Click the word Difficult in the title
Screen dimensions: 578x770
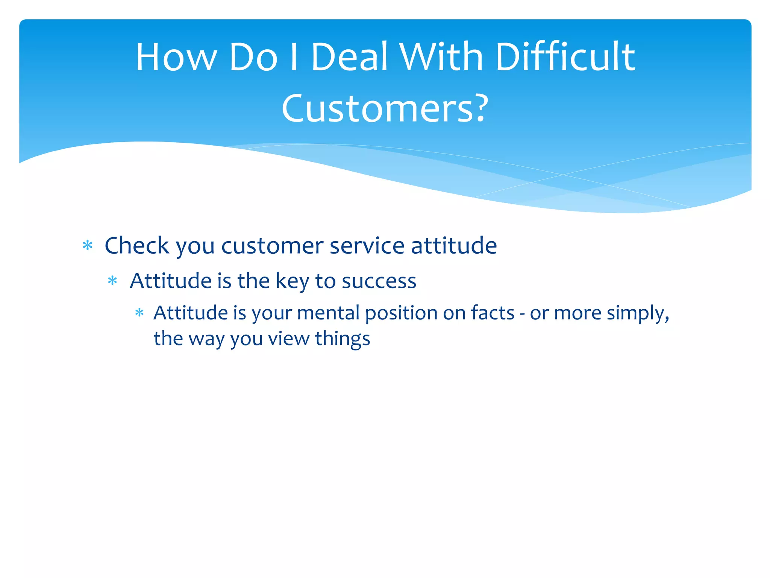[x=565, y=57]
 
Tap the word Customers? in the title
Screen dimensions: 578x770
[x=385, y=109]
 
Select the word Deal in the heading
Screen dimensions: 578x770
[x=349, y=57]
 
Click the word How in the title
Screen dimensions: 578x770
[x=176, y=57]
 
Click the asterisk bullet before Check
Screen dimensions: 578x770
[x=88, y=246]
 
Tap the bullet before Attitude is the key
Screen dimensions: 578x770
[x=112, y=281]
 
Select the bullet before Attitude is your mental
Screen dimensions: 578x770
[x=139, y=313]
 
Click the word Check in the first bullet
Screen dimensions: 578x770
[x=137, y=246]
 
